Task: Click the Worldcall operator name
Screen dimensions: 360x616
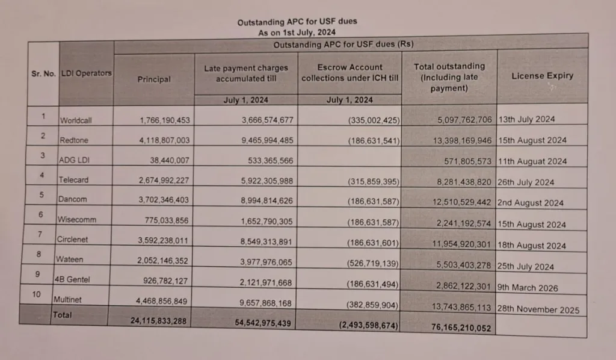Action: click(76, 120)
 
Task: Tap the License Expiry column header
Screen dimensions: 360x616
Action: click(542, 76)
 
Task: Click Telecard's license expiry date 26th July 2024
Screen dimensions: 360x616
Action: click(526, 182)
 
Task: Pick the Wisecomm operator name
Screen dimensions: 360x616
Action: click(78, 220)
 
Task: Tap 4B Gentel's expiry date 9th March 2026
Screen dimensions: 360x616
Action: click(528, 288)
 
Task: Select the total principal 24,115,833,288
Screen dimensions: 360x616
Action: click(158, 321)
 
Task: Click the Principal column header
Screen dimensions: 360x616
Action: click(154, 79)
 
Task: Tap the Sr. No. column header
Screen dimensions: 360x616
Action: click(43, 73)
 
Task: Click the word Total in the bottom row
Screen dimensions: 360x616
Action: click(62, 315)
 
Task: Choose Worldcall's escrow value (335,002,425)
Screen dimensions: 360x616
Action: click(373, 120)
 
